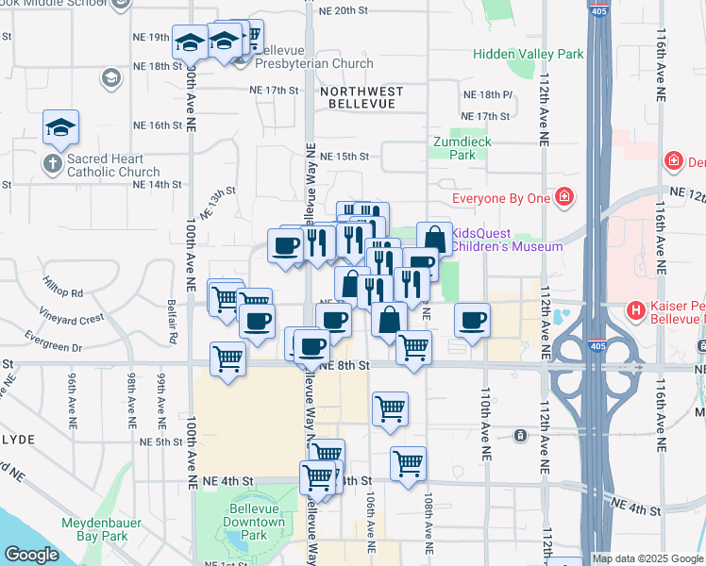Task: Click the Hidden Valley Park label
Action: (529, 55)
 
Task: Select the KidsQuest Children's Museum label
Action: (507, 240)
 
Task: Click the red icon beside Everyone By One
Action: (564, 197)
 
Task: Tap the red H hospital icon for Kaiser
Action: (636, 310)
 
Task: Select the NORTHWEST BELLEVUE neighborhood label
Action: (361, 98)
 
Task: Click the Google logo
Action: (31, 555)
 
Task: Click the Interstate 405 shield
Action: (597, 11)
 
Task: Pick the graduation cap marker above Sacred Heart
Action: (60, 127)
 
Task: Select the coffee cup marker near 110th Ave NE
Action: (472, 319)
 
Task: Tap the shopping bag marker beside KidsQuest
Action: (433, 239)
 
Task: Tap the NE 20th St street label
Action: (343, 10)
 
